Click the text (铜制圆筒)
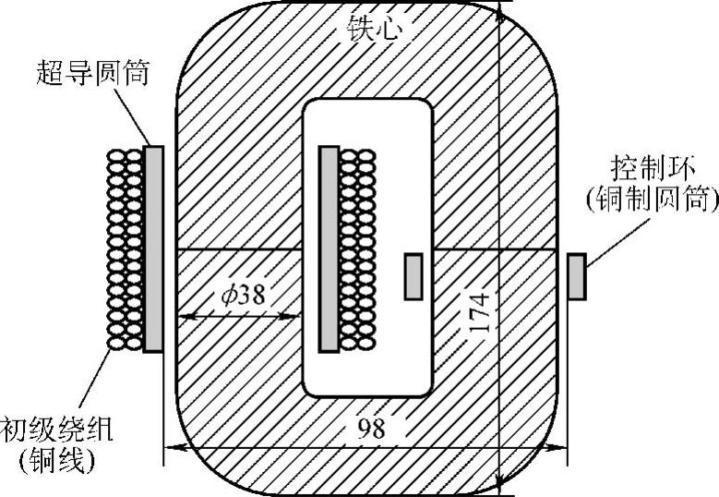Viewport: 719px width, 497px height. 656,200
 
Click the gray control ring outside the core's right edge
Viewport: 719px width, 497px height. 576,278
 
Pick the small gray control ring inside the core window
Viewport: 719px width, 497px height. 414,278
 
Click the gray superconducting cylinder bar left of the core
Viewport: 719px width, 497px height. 153,248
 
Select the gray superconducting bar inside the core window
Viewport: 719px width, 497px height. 328,248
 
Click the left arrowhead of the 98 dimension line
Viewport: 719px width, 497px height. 171,450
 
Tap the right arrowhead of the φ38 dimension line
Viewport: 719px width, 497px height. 297,317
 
